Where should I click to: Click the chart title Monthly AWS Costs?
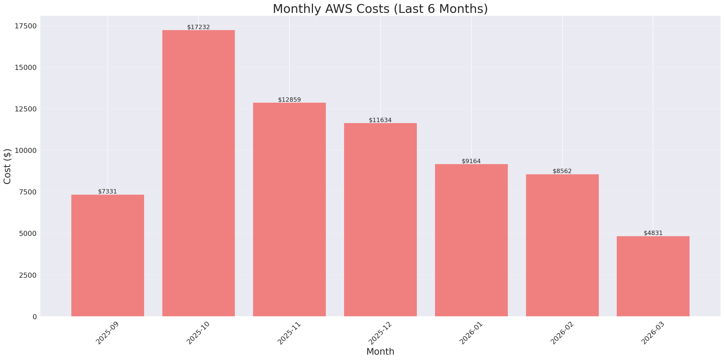(380, 9)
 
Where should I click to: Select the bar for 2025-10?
(198, 173)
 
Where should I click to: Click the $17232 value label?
(198, 27)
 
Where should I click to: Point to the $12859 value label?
(289, 100)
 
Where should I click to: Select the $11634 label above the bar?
(380, 120)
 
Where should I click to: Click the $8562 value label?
(562, 171)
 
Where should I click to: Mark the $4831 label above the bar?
(653, 233)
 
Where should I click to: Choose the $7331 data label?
(107, 192)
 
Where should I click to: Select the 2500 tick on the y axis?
(28, 275)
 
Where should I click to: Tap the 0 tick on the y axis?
(34, 317)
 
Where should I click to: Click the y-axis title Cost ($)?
(7, 166)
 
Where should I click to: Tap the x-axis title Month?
(380, 352)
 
